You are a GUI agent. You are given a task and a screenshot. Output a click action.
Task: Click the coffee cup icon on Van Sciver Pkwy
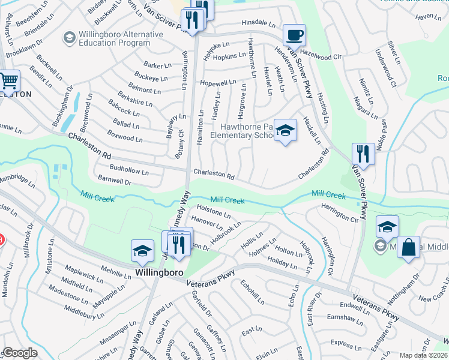click(x=294, y=35)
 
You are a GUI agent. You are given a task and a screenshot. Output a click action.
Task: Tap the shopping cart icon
click(x=8, y=80)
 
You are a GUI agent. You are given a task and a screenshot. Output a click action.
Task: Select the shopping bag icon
click(x=408, y=247)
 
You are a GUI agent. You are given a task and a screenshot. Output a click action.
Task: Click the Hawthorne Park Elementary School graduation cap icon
click(x=286, y=130)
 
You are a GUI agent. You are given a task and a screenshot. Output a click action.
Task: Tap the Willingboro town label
click(x=159, y=272)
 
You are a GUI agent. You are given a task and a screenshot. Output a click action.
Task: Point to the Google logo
click(x=20, y=353)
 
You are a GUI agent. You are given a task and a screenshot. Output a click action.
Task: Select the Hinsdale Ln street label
click(x=258, y=23)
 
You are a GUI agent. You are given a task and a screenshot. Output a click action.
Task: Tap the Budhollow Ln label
click(x=130, y=171)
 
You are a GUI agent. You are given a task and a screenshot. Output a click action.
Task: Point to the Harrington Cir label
click(x=340, y=215)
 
